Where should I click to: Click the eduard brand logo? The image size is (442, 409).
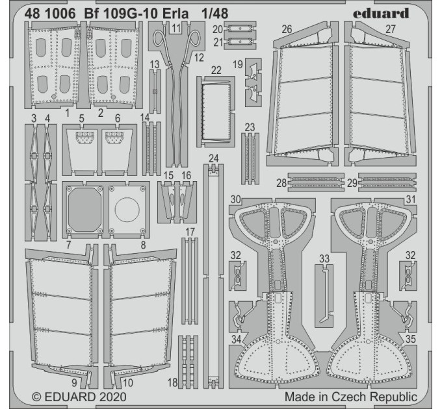click(381, 13)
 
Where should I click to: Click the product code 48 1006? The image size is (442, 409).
click(50, 14)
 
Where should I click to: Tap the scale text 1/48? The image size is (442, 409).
click(214, 14)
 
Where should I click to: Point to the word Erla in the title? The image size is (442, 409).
click(177, 14)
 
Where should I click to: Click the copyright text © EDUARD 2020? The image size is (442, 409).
click(79, 397)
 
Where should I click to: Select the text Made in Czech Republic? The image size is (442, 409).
click(350, 397)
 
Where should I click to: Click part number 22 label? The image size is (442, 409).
click(216, 70)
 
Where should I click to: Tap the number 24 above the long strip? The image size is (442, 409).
click(214, 158)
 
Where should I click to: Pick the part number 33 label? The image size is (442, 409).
click(324, 258)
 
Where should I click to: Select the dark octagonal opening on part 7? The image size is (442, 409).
click(85, 210)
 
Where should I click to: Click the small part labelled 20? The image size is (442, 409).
click(240, 29)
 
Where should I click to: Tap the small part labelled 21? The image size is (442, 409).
click(240, 42)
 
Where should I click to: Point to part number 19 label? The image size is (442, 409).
click(238, 64)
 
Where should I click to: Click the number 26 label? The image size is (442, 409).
click(287, 29)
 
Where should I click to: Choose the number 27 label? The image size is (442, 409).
click(391, 29)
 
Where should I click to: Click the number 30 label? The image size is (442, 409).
click(236, 199)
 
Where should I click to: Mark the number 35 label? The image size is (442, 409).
click(410, 339)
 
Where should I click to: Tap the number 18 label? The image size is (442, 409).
click(172, 382)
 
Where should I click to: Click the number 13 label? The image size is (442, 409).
click(155, 64)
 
